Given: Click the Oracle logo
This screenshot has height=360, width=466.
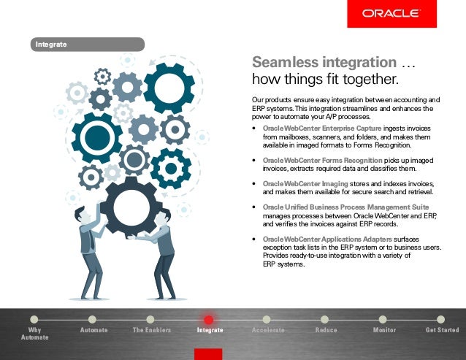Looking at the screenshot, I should [391, 13].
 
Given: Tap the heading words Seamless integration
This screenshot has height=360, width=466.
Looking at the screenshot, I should [318, 63].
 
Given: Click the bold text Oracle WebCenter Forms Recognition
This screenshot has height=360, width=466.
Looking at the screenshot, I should [322, 159].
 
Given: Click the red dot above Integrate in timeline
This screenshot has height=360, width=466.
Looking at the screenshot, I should [208, 320].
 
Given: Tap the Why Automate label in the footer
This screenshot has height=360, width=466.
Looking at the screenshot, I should [34, 334].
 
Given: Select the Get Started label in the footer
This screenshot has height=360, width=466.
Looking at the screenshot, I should [442, 330].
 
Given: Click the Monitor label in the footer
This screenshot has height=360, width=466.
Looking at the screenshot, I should [384, 330].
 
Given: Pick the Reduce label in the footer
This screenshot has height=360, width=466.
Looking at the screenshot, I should [326, 330].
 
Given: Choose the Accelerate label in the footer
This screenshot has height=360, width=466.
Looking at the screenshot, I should [268, 330].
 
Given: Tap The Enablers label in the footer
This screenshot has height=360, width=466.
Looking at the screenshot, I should [152, 330].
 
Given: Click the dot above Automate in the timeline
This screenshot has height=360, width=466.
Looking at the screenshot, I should [92, 319].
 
